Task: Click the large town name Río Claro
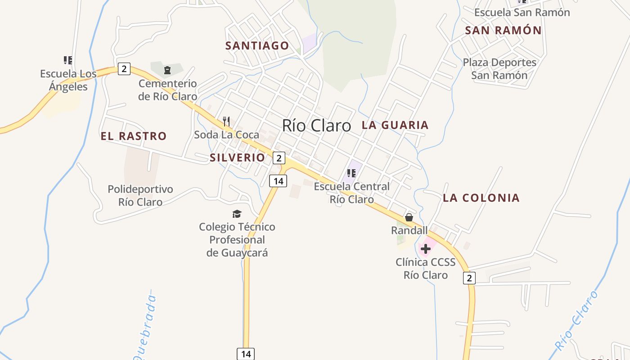point(316,126)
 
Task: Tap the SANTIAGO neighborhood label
point(257,45)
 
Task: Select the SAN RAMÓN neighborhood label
point(503,31)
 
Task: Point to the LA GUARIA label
point(395,125)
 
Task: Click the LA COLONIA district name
point(481,198)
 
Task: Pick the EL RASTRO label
point(134,136)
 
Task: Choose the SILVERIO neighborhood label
point(237,157)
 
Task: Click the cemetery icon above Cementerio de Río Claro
point(167,70)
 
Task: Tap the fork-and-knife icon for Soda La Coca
point(226,121)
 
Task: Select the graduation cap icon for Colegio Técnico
point(237,214)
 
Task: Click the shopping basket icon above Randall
point(409,217)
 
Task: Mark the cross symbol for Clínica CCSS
point(426,248)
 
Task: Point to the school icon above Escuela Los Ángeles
point(68,60)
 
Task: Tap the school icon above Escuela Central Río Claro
point(351,173)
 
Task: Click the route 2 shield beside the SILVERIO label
point(279,158)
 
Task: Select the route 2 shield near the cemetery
point(124,69)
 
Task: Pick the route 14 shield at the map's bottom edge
point(246,354)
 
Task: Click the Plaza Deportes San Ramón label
point(499,69)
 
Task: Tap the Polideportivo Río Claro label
point(140,195)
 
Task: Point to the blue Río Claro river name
point(576,320)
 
